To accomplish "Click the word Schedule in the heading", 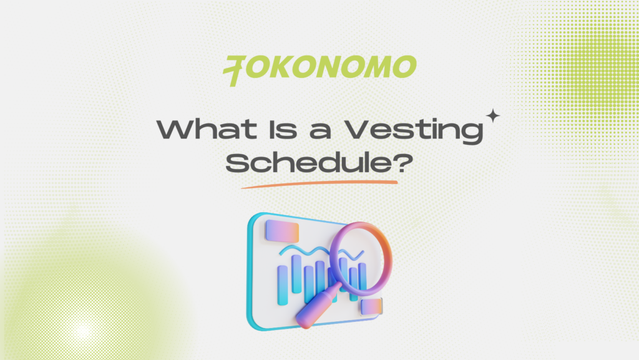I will coord(308,164).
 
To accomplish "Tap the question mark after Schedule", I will coord(403,164).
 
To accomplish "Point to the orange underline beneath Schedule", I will coord(319,183).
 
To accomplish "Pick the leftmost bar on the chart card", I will coord(282,283).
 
